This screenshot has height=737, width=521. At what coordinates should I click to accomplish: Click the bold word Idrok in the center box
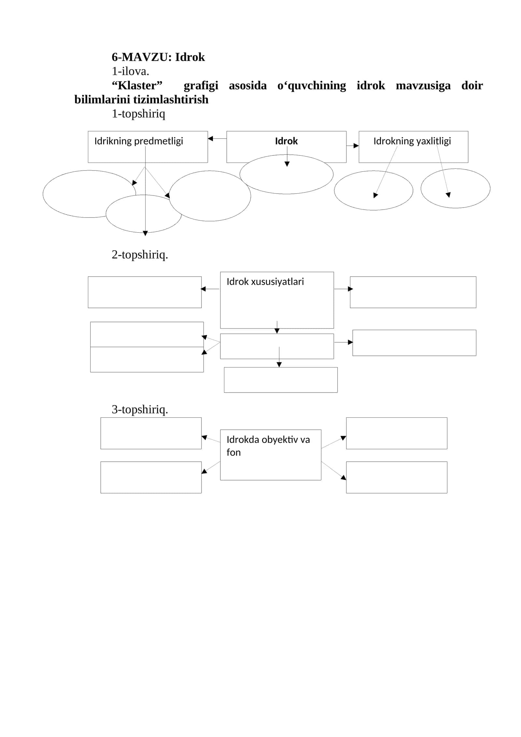click(286, 141)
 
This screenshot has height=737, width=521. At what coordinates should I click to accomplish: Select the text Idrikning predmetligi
click(139, 141)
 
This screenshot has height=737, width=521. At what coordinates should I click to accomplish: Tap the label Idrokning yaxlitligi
click(412, 141)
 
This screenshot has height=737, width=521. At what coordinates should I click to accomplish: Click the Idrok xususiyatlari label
click(265, 282)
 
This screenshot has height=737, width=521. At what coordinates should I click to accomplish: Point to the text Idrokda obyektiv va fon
click(268, 446)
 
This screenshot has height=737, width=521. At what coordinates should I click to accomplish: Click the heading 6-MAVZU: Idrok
click(158, 57)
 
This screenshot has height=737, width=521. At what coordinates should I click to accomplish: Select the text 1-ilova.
click(130, 71)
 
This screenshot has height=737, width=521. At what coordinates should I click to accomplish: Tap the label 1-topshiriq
click(138, 114)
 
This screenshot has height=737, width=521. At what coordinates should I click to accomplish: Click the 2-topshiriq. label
click(140, 254)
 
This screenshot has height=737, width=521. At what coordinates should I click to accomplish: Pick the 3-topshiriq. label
click(140, 409)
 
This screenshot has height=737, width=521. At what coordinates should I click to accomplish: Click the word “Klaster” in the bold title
click(137, 85)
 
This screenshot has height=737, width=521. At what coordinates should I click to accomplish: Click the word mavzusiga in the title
click(423, 86)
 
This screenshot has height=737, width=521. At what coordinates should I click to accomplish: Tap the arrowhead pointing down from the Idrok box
click(287, 164)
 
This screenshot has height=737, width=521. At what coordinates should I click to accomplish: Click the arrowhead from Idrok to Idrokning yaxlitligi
click(356, 146)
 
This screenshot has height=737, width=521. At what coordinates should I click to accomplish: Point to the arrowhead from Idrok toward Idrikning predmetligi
click(210, 138)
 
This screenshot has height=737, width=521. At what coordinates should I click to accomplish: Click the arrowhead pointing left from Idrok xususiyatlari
click(203, 289)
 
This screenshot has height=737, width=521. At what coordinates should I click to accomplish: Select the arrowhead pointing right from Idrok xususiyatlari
click(350, 289)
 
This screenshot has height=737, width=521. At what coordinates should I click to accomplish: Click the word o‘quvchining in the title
click(312, 86)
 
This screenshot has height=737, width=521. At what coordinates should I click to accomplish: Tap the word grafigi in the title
click(201, 86)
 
